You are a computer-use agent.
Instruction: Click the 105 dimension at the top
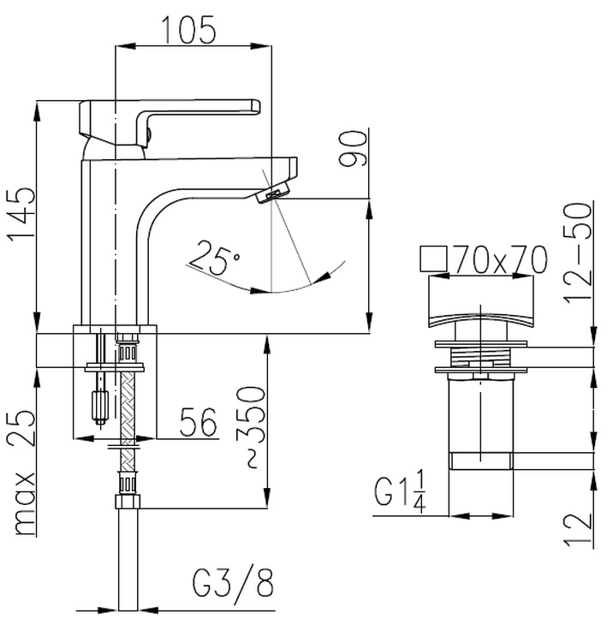coord(188,29)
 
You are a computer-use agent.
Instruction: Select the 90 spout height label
coord(353,148)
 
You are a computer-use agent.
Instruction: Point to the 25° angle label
coord(214,258)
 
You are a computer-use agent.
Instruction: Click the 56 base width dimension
coord(198,421)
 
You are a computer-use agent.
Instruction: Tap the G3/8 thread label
coord(233,582)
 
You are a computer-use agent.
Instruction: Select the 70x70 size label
coord(500,259)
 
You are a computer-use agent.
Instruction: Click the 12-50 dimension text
coord(578,253)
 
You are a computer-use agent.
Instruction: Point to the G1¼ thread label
coord(399,491)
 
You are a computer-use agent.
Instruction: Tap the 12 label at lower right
coord(578,529)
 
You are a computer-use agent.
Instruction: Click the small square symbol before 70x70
coord(433,259)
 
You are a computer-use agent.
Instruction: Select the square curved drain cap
coord(481,302)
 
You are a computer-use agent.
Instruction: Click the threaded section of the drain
coord(481,357)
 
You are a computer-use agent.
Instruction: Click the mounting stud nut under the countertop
coord(100,405)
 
